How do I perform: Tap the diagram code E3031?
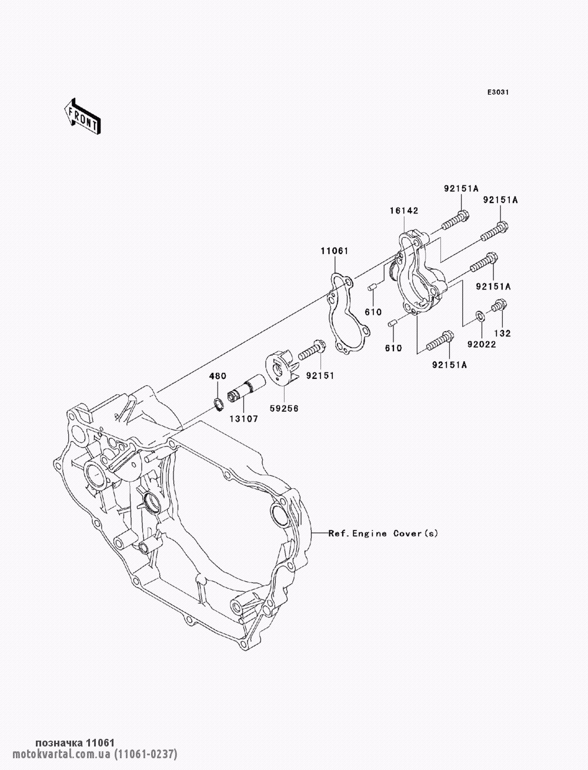(497, 93)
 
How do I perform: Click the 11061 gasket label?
(334, 251)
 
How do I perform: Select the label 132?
(503, 333)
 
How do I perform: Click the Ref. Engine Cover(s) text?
(383, 534)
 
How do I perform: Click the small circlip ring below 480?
(218, 404)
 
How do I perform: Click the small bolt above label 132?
(499, 305)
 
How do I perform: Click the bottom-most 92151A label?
(449, 365)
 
